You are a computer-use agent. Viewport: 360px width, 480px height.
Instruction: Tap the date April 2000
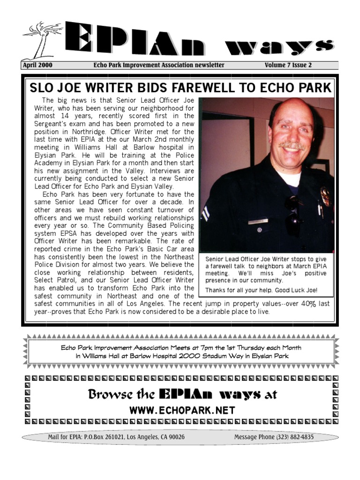point(37,65)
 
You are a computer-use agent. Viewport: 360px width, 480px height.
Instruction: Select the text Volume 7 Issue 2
point(288,65)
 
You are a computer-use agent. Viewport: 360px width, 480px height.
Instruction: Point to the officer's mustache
point(292,146)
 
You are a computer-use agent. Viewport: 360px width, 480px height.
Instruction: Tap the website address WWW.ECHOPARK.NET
point(182,411)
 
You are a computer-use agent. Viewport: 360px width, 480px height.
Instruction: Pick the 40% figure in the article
point(308,304)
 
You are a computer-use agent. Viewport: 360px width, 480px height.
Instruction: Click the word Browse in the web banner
point(107,394)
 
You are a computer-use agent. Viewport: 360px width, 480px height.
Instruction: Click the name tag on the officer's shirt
point(258,221)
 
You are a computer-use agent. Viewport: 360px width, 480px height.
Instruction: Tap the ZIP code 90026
point(174,437)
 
